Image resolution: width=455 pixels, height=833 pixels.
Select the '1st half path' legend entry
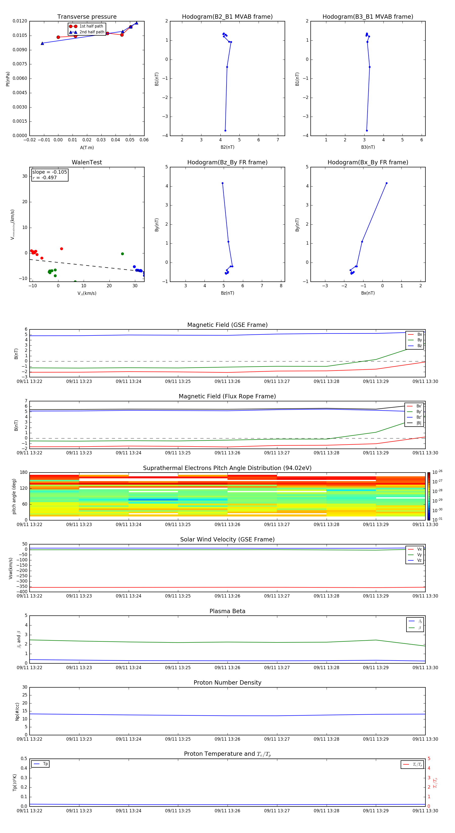91,26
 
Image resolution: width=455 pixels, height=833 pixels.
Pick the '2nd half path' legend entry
92,32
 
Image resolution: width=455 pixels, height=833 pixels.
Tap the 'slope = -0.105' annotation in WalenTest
50,172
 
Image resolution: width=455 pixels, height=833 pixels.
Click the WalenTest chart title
87,162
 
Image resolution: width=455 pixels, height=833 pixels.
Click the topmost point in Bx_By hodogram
386,183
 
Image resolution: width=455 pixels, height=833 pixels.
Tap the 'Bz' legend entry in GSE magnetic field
419,346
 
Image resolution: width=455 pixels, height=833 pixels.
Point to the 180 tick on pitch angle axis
24,473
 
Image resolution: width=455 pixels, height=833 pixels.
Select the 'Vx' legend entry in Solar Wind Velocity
419,549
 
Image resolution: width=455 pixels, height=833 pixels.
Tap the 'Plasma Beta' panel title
227,611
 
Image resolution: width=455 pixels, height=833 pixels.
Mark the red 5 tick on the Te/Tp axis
429,759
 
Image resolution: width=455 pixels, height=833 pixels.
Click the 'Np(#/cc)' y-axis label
17,711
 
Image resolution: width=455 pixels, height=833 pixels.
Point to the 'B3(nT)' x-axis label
368,147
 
